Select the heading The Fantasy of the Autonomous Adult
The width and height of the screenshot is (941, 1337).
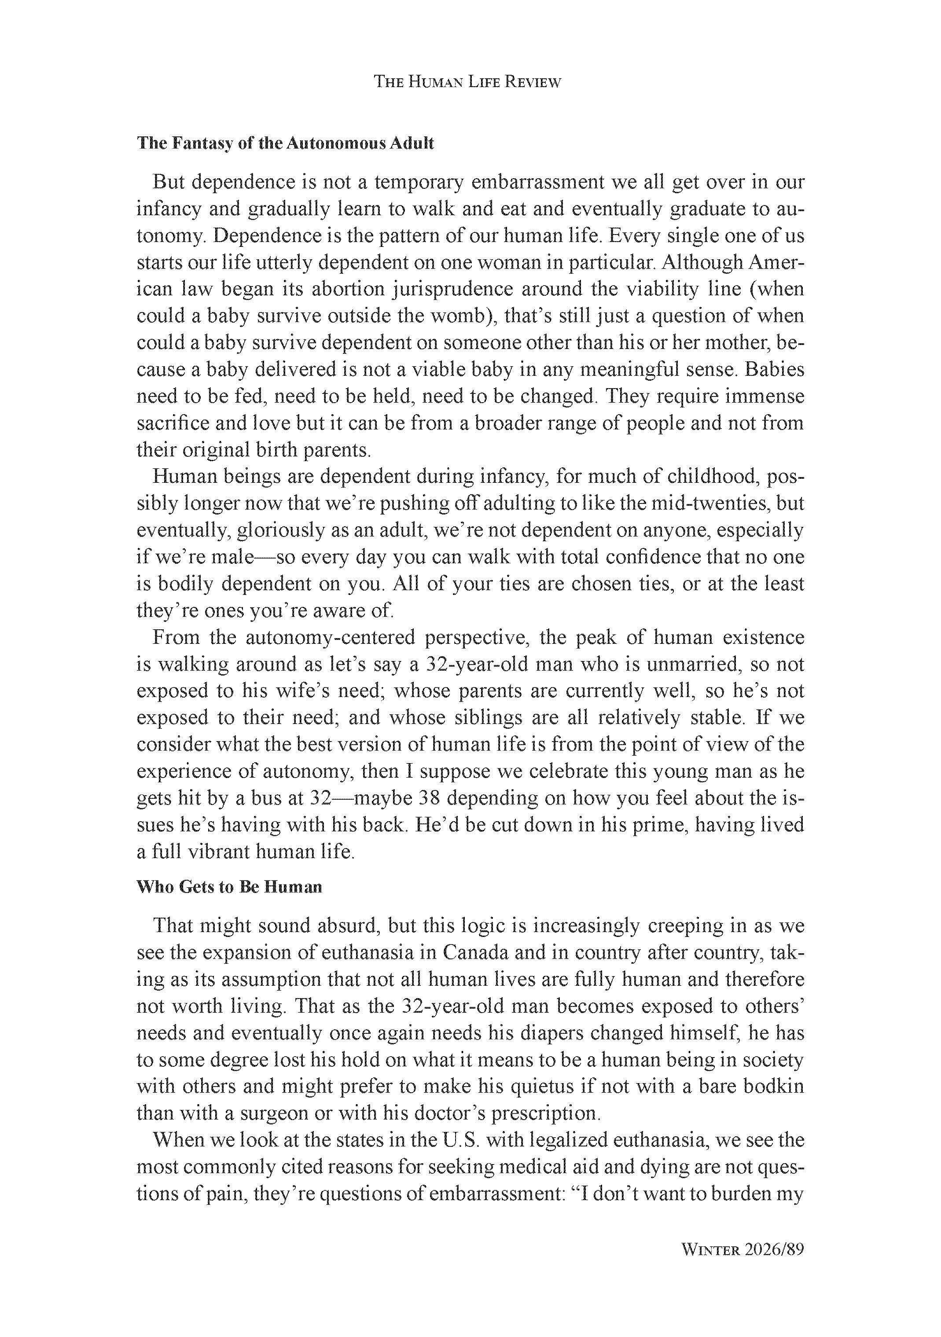point(285,143)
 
